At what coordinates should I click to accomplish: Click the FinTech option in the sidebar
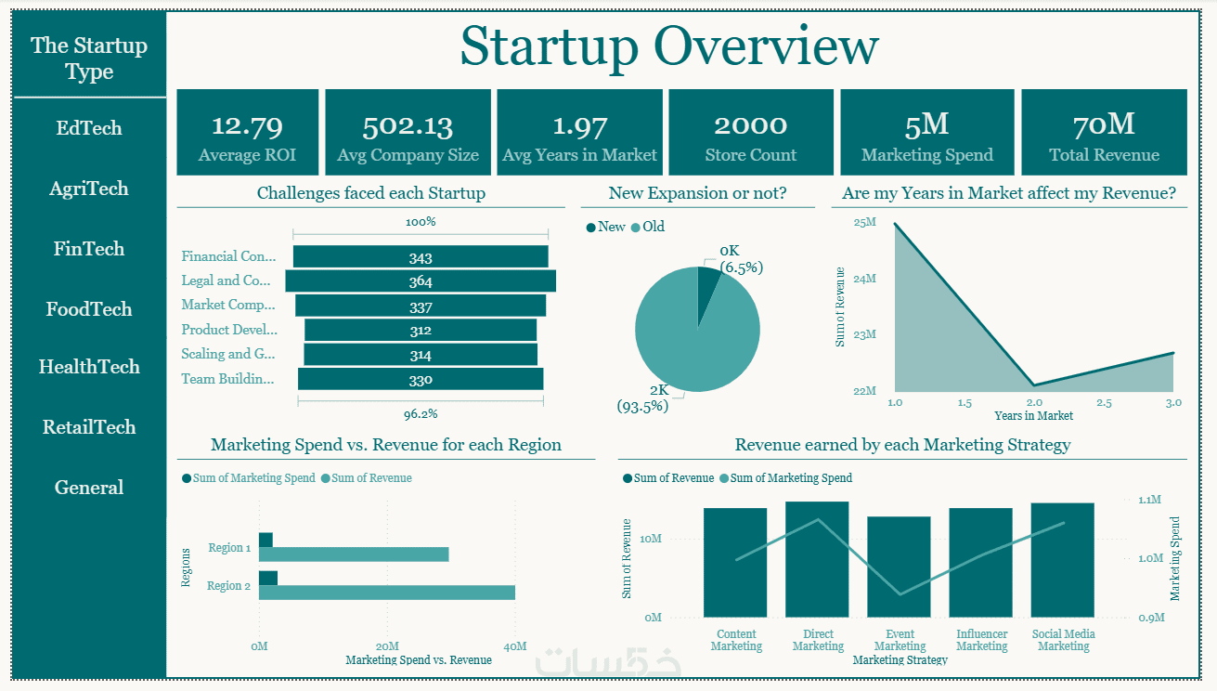tap(89, 249)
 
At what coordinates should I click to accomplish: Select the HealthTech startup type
tap(89, 367)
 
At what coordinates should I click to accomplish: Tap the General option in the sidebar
tap(89, 488)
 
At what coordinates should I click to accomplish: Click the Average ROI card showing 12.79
tap(247, 133)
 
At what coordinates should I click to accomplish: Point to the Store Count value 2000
tap(750, 125)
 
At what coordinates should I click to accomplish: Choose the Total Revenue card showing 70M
tap(1104, 133)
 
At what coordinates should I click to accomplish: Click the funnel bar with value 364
tap(421, 281)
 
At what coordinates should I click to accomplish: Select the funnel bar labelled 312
tap(421, 331)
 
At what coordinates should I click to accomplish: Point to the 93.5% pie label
tap(642, 406)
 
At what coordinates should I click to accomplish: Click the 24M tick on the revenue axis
tap(865, 279)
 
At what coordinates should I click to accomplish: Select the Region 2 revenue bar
tap(386, 593)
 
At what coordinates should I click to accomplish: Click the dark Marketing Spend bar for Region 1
tap(265, 540)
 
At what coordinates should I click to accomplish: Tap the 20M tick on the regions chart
tap(387, 646)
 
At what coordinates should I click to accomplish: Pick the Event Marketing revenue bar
tap(899, 567)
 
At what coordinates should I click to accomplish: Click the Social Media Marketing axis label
tap(1063, 640)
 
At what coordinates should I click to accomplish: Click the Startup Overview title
tap(668, 46)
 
